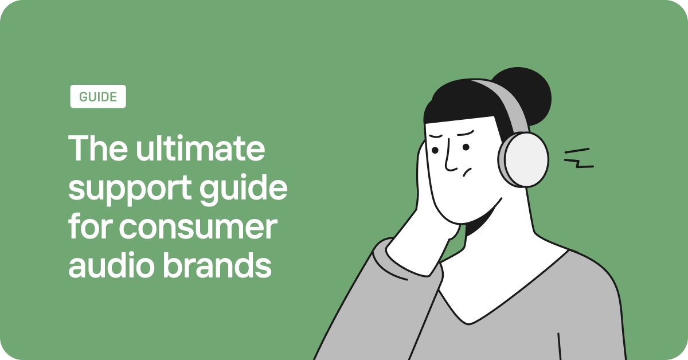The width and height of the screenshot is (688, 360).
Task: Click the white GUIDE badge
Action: point(98,96)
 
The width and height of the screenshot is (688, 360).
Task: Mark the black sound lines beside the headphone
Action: point(578,159)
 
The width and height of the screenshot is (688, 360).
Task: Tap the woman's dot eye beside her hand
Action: point(435,150)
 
